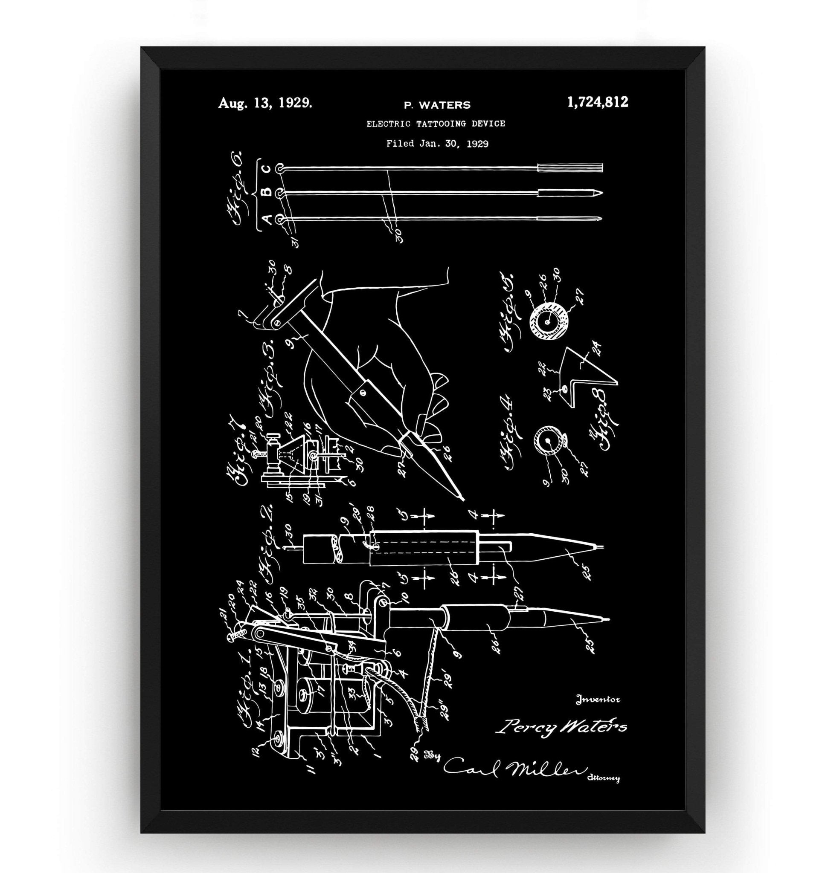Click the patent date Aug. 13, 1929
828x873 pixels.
coord(265,104)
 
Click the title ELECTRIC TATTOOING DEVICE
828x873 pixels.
coord(436,124)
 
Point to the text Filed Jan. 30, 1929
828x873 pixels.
coord(437,143)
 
